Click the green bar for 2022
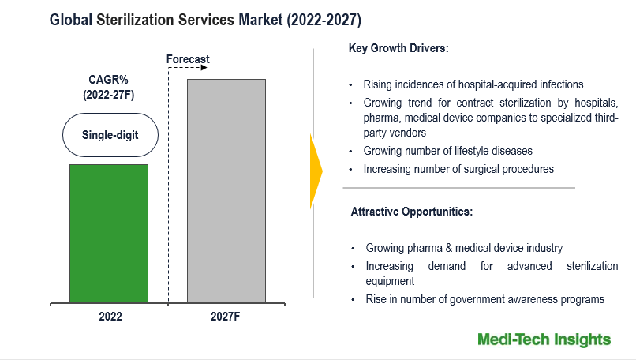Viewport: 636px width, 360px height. point(109,233)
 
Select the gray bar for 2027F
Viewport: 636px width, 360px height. point(226,190)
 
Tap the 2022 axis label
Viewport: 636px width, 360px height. point(110,316)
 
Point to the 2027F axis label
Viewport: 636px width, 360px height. point(226,316)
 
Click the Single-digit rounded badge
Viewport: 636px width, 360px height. point(110,137)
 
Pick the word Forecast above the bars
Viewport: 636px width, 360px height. point(188,59)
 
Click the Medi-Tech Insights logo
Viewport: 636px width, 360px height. point(544,339)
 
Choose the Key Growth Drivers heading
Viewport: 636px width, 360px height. point(398,48)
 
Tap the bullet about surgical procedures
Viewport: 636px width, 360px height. point(458,169)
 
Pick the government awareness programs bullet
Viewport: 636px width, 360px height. point(484,299)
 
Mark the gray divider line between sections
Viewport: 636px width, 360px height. point(458,188)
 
